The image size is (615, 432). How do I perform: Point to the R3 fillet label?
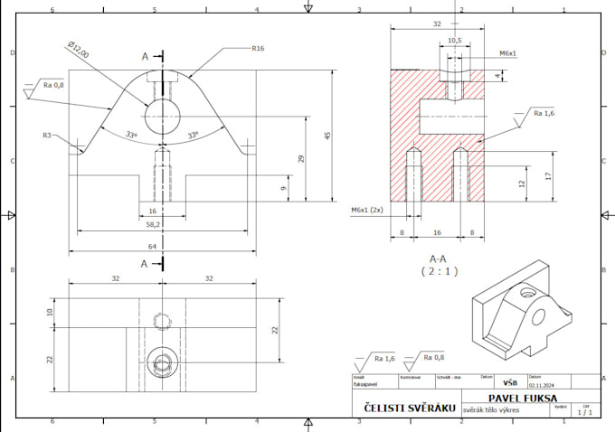click(46, 135)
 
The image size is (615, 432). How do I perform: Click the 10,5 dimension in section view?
click(455, 41)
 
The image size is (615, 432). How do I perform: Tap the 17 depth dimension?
click(548, 175)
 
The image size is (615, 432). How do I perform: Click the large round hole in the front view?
click(163, 114)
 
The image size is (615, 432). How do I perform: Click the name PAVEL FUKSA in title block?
click(523, 398)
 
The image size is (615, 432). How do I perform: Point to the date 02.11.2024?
click(542, 384)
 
